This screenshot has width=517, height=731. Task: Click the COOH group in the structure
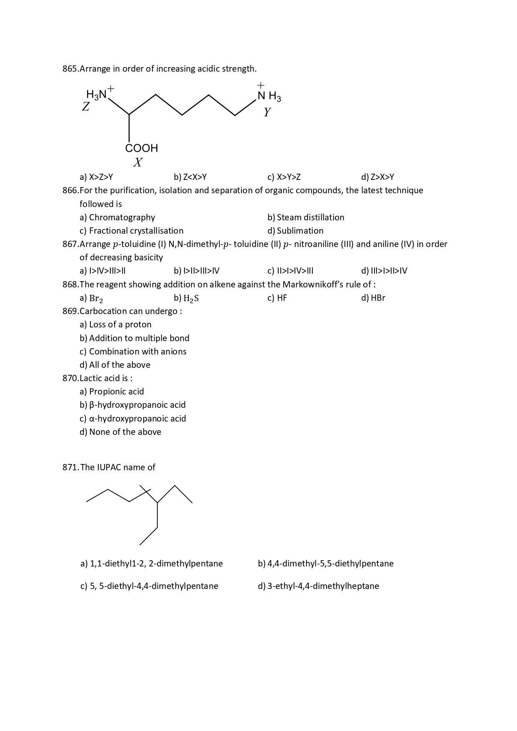pos(142,148)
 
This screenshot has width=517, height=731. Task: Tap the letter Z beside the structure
pos(86,107)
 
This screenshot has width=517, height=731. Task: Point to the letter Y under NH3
pos(267,112)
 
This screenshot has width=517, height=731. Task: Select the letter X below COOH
pos(138,162)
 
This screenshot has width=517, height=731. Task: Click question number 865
pos(70,69)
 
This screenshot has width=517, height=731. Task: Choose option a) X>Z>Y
pos(96,177)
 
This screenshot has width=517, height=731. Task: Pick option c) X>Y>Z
pos(284,177)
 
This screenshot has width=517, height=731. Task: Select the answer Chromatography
pos(122,217)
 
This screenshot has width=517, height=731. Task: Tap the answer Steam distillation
pos(311,217)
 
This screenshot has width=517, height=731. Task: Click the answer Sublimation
pos(300,231)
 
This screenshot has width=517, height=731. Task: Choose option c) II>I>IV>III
pos(290,271)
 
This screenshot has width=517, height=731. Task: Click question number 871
pos(70,467)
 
